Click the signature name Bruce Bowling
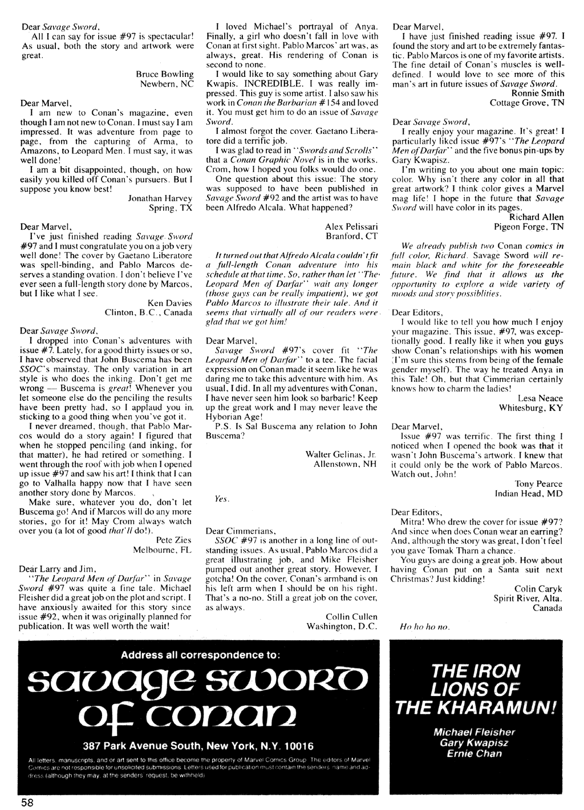point(165,74)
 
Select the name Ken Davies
point(171,303)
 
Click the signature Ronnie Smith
point(538,93)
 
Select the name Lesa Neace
point(540,398)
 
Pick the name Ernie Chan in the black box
point(474,754)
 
